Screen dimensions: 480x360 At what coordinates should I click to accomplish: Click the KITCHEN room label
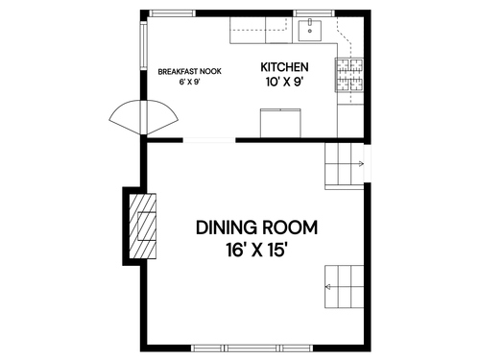(x=284, y=67)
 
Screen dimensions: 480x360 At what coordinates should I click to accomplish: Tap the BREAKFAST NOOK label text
(x=189, y=71)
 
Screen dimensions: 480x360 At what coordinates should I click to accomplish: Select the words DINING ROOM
(x=256, y=228)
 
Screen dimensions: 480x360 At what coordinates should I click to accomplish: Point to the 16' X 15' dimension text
(x=255, y=250)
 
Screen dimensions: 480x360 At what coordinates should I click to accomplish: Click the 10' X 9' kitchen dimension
(x=284, y=82)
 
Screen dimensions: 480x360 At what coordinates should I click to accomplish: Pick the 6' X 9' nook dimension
(x=189, y=82)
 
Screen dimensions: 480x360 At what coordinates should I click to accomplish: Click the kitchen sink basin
(x=310, y=31)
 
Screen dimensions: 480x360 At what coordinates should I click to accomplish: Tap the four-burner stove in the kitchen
(x=349, y=75)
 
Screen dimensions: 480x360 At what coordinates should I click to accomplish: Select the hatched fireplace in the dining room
(x=142, y=226)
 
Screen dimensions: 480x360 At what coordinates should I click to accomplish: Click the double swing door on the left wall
(x=144, y=117)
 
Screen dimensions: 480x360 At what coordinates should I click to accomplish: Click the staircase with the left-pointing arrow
(x=345, y=287)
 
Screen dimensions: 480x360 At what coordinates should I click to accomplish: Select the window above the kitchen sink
(x=314, y=13)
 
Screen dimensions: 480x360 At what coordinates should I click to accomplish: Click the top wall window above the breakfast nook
(x=172, y=13)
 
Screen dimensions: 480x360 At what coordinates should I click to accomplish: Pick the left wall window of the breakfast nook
(x=144, y=46)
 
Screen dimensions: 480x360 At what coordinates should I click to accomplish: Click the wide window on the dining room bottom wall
(x=252, y=348)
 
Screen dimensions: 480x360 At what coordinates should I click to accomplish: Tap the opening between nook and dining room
(x=209, y=140)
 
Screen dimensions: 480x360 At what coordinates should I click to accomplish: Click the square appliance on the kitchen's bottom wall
(x=280, y=123)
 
